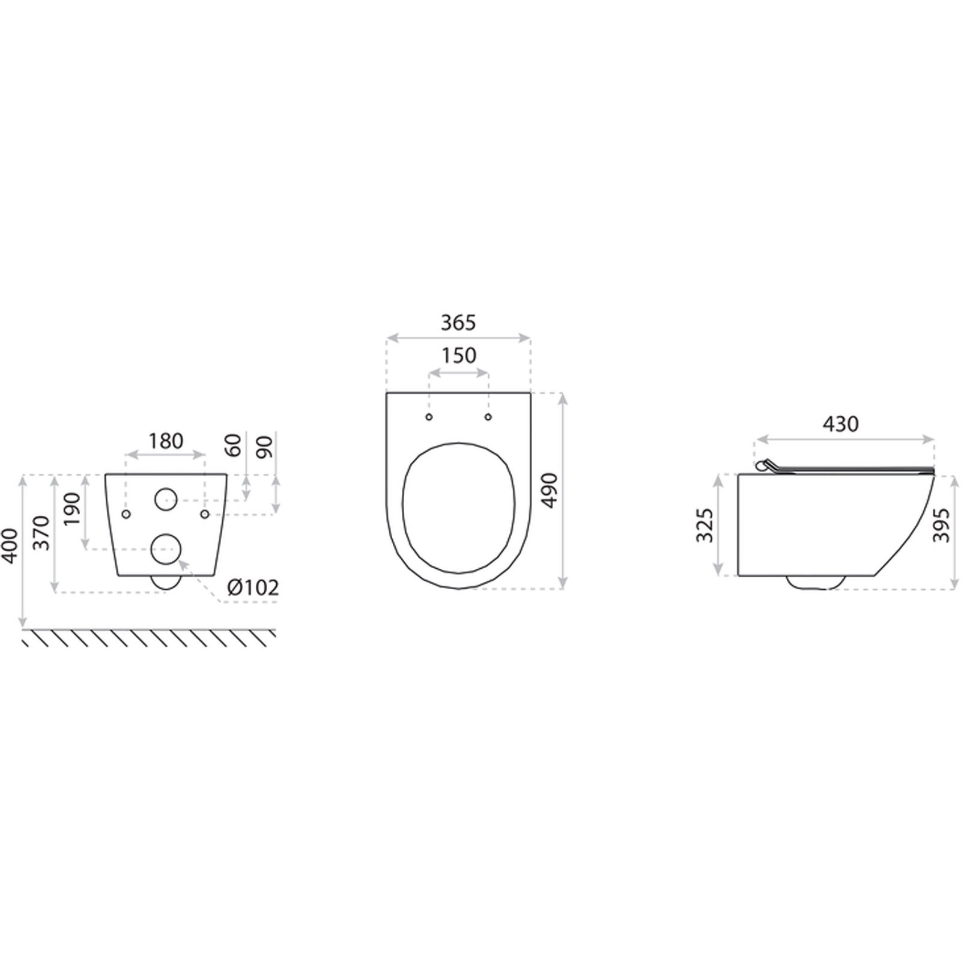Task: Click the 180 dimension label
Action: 166,441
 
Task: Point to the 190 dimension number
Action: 72,508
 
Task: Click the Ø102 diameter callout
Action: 253,587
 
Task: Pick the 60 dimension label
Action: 234,445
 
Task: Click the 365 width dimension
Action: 458,323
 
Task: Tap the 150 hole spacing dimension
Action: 459,355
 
